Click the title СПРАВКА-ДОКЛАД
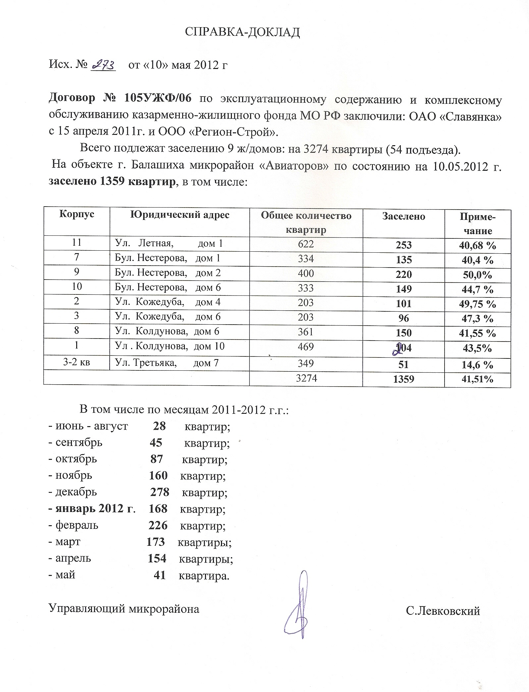242,32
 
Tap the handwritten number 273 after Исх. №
103,65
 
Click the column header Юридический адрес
180,215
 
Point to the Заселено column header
403,217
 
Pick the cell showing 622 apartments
305,244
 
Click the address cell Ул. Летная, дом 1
169,244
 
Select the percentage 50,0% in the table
477,275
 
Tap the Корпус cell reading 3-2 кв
77,362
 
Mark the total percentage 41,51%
477,379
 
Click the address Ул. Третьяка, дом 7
167,363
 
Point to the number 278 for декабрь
160,492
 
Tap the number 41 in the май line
159,575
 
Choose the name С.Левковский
443,611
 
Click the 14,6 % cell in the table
477,365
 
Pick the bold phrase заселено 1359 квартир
112,182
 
